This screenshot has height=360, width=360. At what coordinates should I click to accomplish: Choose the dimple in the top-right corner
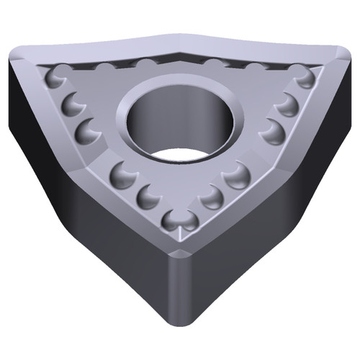coord(304,78)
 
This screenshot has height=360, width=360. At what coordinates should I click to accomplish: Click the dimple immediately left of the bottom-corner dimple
coord(148,196)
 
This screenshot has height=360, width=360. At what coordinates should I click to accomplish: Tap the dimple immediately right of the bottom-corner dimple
coord(211,197)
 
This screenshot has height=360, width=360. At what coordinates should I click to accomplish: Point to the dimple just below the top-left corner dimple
coord(73,105)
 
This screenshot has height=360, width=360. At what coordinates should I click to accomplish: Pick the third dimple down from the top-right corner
coord(271,130)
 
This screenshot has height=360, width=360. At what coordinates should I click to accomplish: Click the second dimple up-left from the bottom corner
coord(123,173)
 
